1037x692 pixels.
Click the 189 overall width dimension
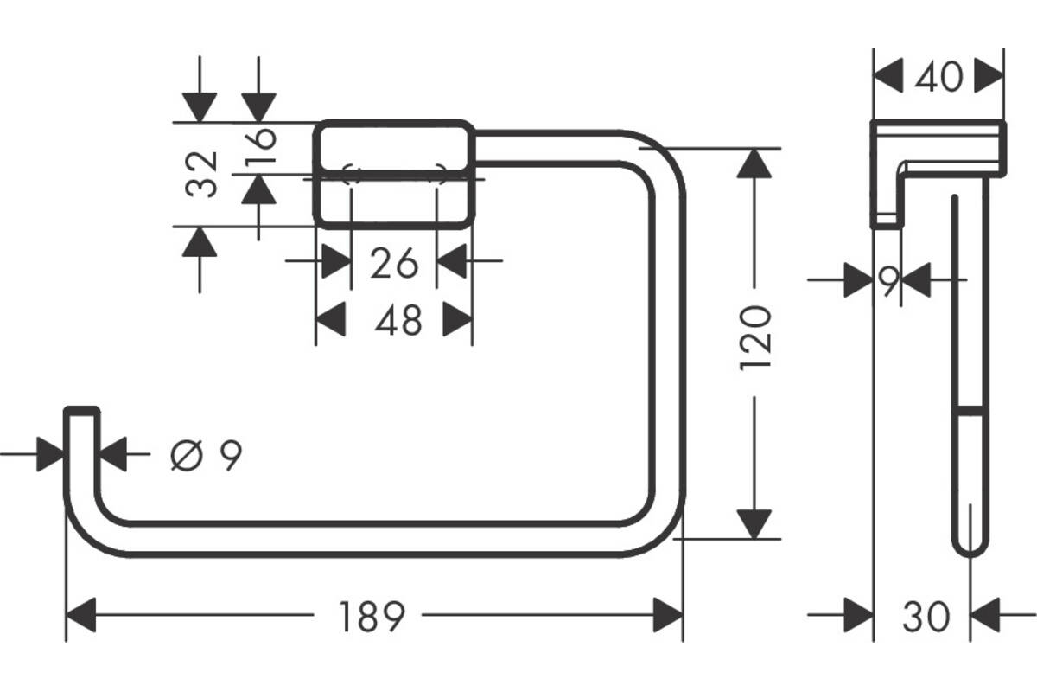pos(369,617)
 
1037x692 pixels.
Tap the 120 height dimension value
pos(755,337)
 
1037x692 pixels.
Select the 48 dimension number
pos(398,322)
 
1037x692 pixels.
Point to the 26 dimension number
pos(394,263)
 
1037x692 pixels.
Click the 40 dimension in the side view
pos(939,78)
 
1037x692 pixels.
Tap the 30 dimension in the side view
pos(926,617)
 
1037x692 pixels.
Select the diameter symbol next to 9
pos(188,455)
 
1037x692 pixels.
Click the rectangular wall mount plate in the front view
pos(394,173)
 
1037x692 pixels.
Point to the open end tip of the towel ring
pos(82,413)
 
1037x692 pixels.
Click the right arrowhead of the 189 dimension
pos(668,616)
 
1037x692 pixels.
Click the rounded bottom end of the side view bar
pos(969,545)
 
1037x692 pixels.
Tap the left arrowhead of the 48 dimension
pos(329,321)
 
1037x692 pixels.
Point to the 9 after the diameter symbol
pos(228,455)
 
